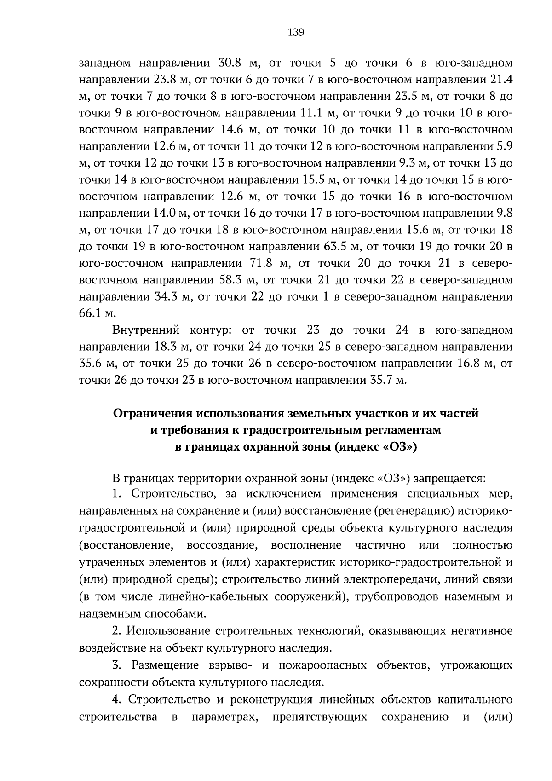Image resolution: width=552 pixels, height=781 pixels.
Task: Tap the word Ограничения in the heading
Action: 154,413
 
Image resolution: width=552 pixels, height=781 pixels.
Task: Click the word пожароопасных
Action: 323,665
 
